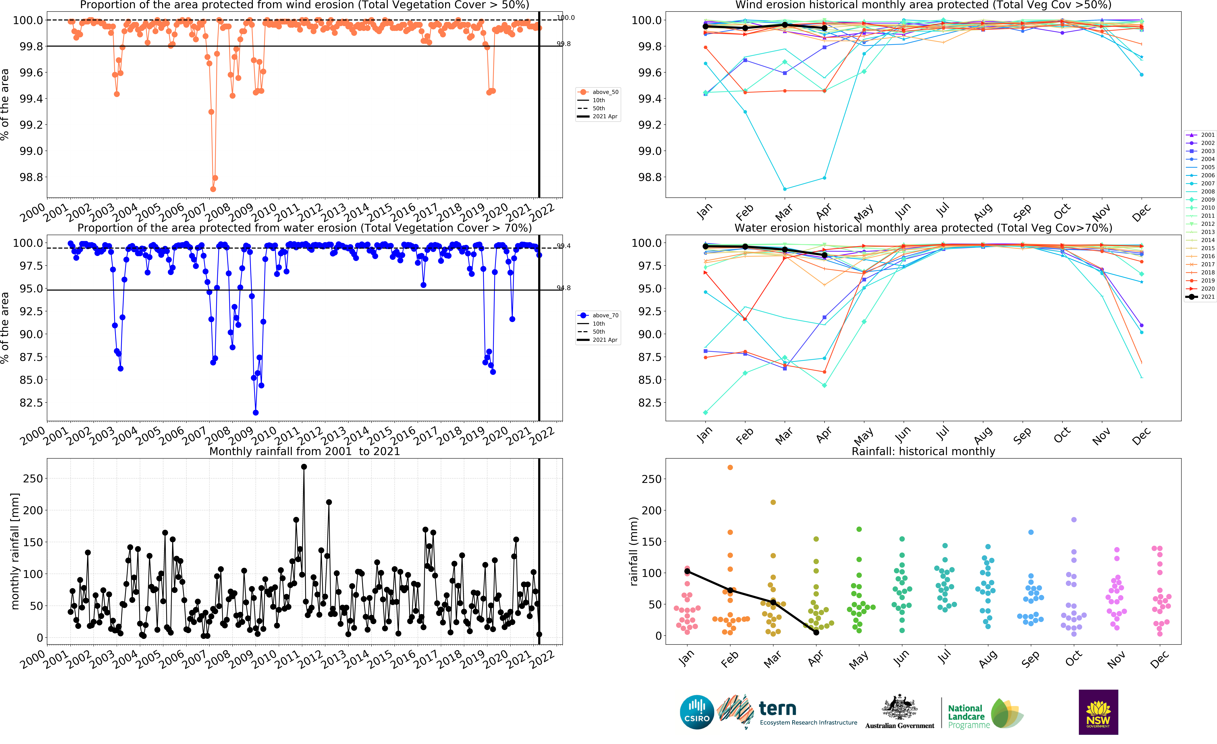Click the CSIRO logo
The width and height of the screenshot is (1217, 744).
point(696,712)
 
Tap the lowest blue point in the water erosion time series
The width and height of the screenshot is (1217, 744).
point(255,412)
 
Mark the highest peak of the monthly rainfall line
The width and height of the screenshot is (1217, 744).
point(304,467)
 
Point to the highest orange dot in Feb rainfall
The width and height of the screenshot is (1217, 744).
point(730,467)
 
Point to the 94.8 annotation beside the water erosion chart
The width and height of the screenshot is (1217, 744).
point(564,288)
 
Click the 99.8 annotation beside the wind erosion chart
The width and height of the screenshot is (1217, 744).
point(564,44)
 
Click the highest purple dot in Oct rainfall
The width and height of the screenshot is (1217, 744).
point(1074,520)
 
